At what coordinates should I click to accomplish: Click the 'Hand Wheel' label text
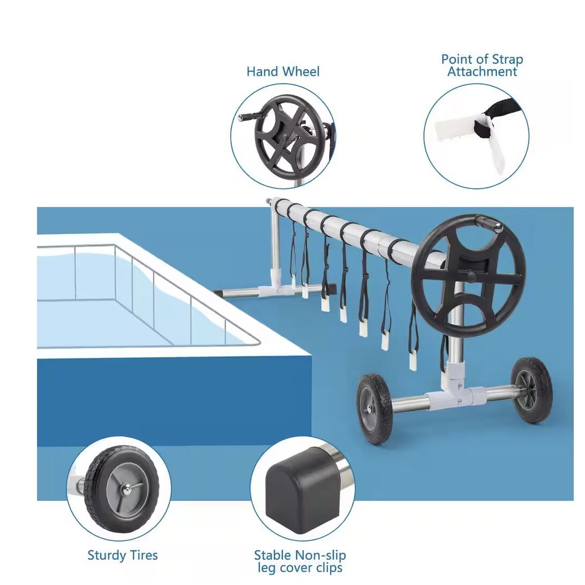[283, 71]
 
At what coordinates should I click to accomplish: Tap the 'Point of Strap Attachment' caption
[482, 65]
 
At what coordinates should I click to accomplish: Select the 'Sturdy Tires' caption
[122, 555]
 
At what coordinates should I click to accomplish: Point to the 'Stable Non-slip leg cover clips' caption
[300, 561]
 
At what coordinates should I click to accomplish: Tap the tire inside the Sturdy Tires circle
[122, 489]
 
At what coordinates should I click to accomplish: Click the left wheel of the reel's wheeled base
[374, 409]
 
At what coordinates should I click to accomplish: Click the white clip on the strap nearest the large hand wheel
[413, 362]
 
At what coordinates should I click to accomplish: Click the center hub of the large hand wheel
[471, 276]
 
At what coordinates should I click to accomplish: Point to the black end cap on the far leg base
[328, 288]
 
